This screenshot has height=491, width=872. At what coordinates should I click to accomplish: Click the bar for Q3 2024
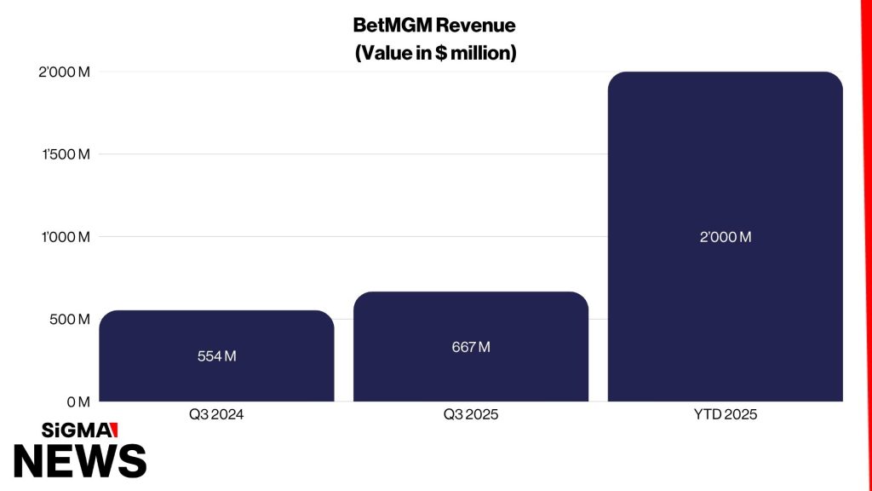tap(216, 355)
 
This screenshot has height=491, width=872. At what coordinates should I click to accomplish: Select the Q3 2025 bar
tap(470, 346)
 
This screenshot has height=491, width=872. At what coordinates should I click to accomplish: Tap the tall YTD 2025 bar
tap(726, 237)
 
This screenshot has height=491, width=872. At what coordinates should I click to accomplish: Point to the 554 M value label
tap(216, 356)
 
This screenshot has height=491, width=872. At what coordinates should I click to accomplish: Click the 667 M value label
tap(470, 348)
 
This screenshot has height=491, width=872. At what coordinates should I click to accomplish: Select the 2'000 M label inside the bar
tap(726, 237)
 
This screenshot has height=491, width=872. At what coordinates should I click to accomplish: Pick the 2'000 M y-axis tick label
tap(64, 72)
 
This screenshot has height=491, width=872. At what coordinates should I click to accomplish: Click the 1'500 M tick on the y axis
tap(66, 154)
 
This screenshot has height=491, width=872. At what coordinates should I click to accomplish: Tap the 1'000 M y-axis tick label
tap(66, 237)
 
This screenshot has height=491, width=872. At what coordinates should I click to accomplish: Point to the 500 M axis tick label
tap(70, 320)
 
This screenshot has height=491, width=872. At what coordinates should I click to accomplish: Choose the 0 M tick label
tap(78, 402)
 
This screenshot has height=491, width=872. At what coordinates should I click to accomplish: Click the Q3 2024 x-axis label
tap(216, 415)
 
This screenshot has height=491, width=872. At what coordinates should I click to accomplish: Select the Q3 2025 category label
tap(470, 415)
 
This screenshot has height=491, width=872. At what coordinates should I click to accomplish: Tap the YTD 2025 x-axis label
tap(726, 415)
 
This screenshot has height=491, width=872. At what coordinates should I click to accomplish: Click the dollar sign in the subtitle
tap(441, 54)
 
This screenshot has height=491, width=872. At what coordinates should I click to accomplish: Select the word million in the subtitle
tap(480, 53)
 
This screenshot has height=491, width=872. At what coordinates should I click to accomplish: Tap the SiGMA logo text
tap(79, 430)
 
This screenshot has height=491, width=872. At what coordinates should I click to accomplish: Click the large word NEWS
tap(80, 461)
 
